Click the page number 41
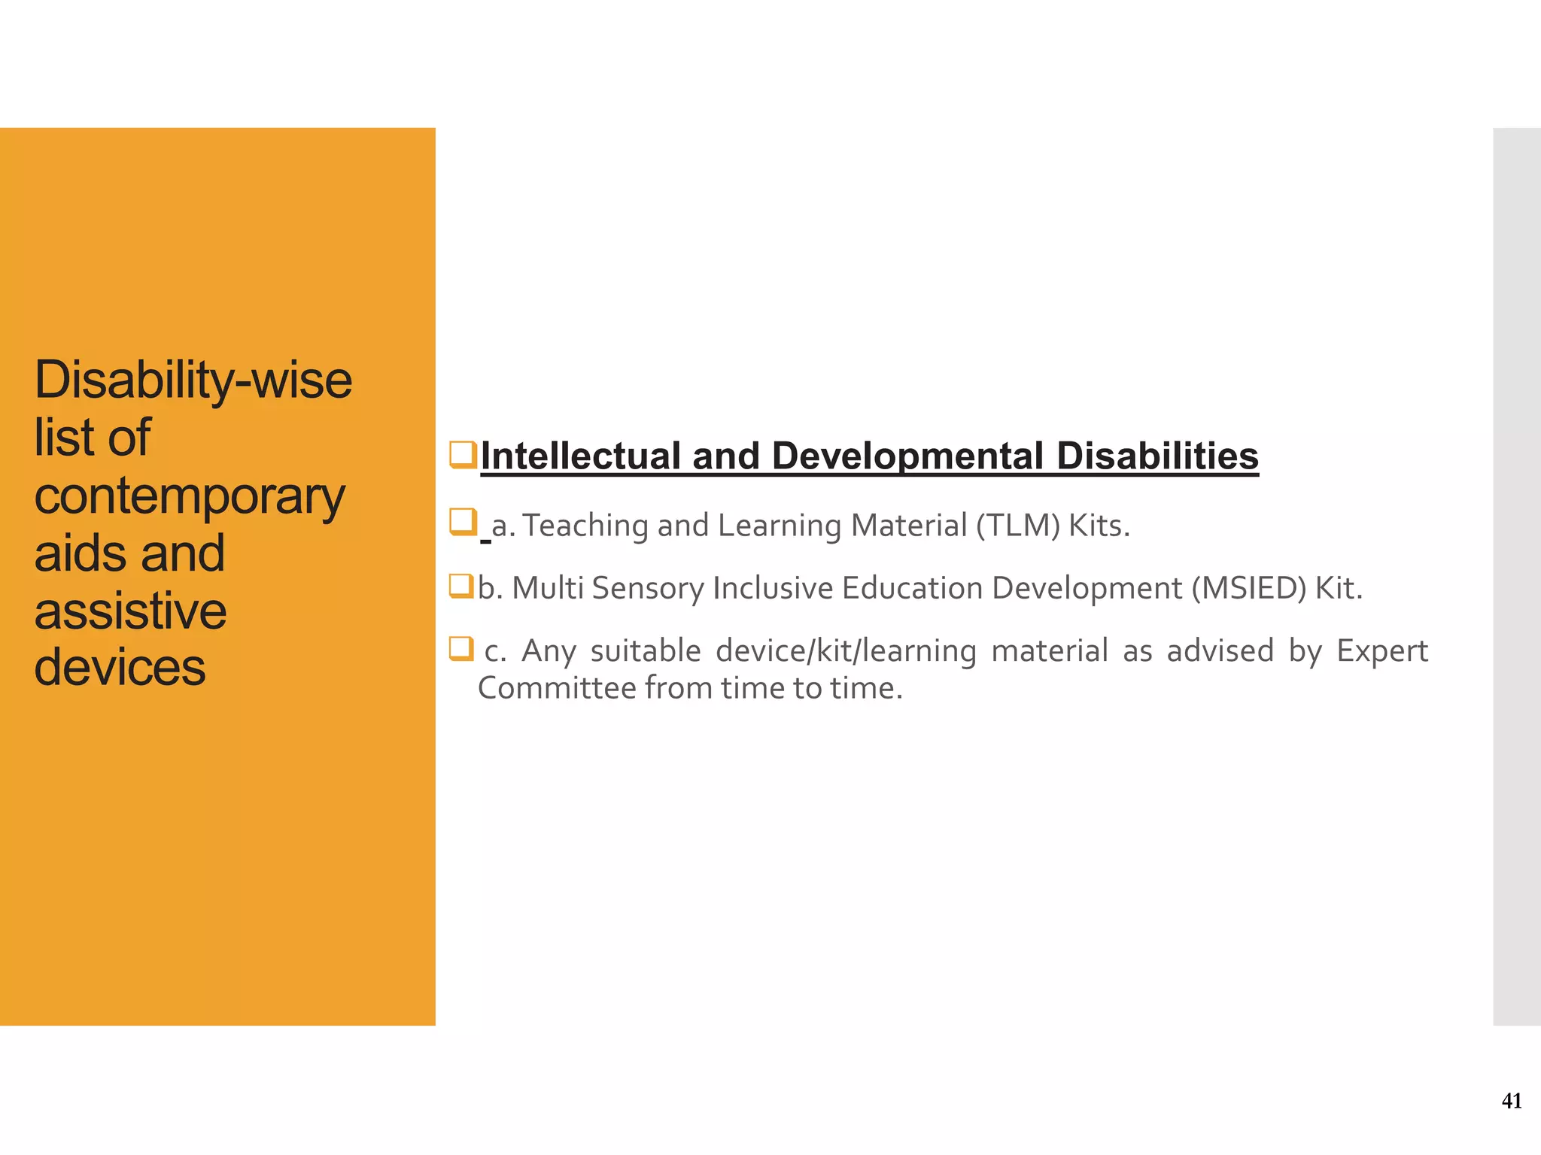[x=1511, y=1101]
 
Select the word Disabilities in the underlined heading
[x=1157, y=456]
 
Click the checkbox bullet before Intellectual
[x=462, y=455]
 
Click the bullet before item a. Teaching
[x=462, y=521]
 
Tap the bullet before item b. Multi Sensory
[x=461, y=585]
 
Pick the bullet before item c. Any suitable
[x=461, y=647]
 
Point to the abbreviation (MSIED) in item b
[x=1249, y=588]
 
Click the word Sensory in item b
[x=648, y=589]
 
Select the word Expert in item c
[x=1381, y=651]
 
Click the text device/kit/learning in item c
[x=846, y=651]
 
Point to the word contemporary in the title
[x=190, y=497]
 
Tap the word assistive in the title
[x=130, y=611]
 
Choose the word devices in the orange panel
[x=120, y=668]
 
